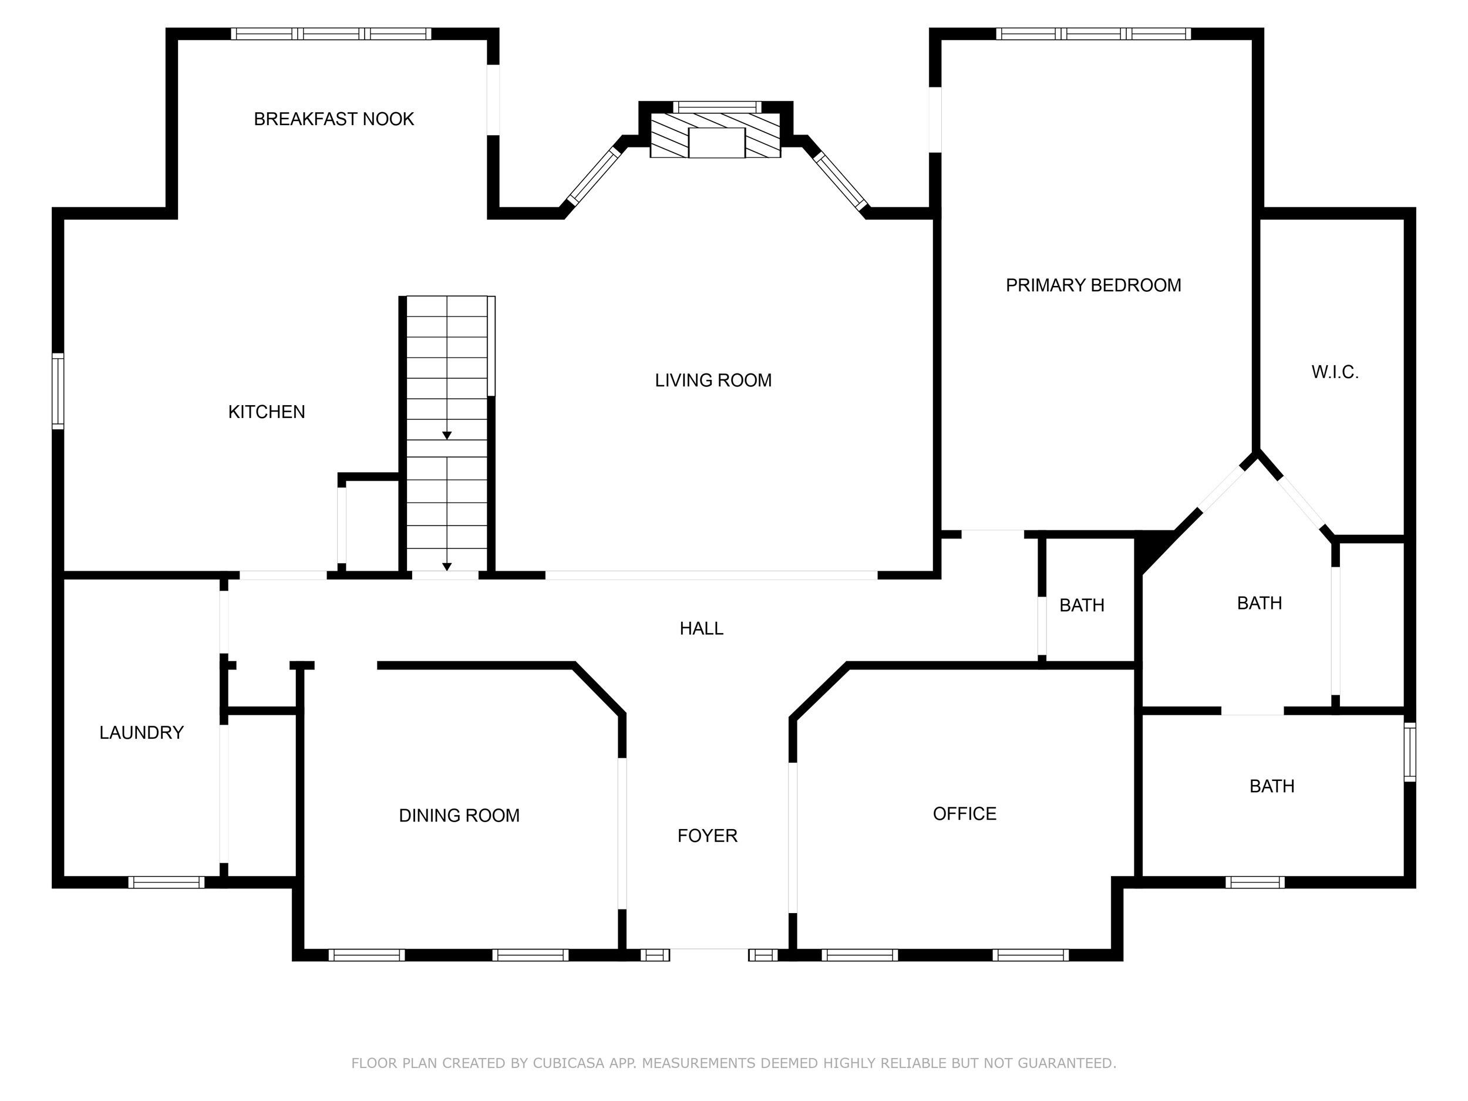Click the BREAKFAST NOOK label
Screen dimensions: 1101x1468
[334, 119]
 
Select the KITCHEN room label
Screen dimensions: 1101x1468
[266, 412]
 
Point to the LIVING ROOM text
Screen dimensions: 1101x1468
[713, 381]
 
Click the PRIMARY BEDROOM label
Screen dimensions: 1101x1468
[1093, 285]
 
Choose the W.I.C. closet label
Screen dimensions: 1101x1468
[1335, 372]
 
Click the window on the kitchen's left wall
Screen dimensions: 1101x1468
[58, 391]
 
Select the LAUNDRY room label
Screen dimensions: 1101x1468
[142, 733]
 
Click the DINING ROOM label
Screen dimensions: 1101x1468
[459, 816]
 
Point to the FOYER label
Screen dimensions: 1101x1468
[707, 836]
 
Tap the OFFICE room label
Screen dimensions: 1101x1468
[964, 814]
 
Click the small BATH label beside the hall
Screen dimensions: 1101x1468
[1082, 605]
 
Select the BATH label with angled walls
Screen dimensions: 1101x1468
[1259, 603]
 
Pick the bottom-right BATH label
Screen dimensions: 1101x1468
[1271, 786]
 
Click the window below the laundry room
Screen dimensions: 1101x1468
[166, 882]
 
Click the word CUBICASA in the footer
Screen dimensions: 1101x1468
[568, 1063]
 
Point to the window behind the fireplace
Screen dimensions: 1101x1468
[717, 107]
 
